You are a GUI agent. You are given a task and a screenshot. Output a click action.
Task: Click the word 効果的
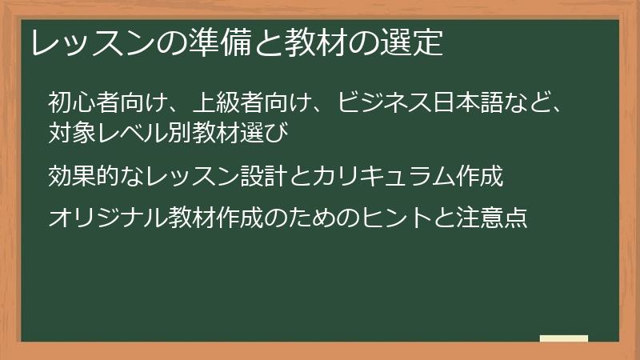point(83,176)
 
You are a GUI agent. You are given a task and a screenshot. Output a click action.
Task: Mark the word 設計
point(261,176)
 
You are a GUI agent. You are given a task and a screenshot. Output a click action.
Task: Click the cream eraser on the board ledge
point(564,338)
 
